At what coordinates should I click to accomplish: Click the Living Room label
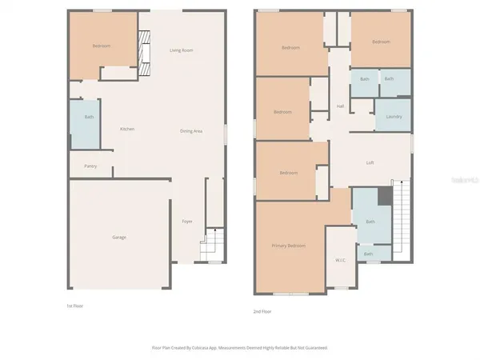tap(182, 50)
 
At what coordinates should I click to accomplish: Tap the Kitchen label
tap(126, 130)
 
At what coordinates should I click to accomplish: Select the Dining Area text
tap(190, 130)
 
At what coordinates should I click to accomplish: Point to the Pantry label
tap(90, 166)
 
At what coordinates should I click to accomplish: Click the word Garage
tap(118, 237)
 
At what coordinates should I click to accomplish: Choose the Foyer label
tap(186, 222)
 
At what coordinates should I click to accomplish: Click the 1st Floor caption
tap(74, 306)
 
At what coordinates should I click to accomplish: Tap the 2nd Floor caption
tap(262, 311)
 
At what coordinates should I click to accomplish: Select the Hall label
tap(340, 106)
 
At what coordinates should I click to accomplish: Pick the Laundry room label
tap(393, 117)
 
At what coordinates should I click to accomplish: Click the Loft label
tap(370, 162)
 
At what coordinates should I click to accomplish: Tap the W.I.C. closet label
tap(339, 260)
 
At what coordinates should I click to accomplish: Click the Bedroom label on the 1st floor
tap(101, 46)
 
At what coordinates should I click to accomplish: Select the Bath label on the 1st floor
tap(88, 118)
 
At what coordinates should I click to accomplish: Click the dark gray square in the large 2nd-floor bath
tap(384, 195)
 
